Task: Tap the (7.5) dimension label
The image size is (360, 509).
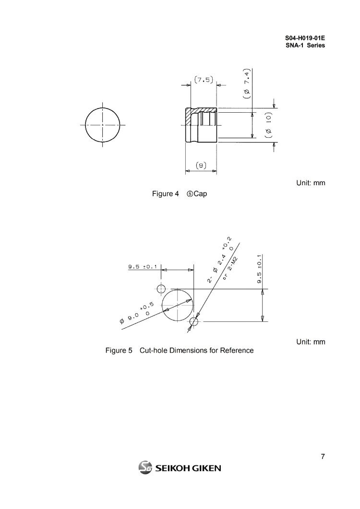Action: coord(204,80)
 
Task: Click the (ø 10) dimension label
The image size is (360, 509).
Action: coord(269,124)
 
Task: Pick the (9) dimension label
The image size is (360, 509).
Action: coord(201,166)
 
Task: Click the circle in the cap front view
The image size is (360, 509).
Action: coord(102,125)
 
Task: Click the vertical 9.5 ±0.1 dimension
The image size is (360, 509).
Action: coord(259,270)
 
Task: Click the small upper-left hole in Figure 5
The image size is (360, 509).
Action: coord(161,289)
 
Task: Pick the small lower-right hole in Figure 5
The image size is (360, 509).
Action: coord(194,320)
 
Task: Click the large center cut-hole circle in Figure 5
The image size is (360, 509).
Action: coord(177,304)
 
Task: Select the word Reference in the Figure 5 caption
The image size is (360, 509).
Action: coord(236,351)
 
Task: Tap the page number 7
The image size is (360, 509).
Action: coord(323,457)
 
